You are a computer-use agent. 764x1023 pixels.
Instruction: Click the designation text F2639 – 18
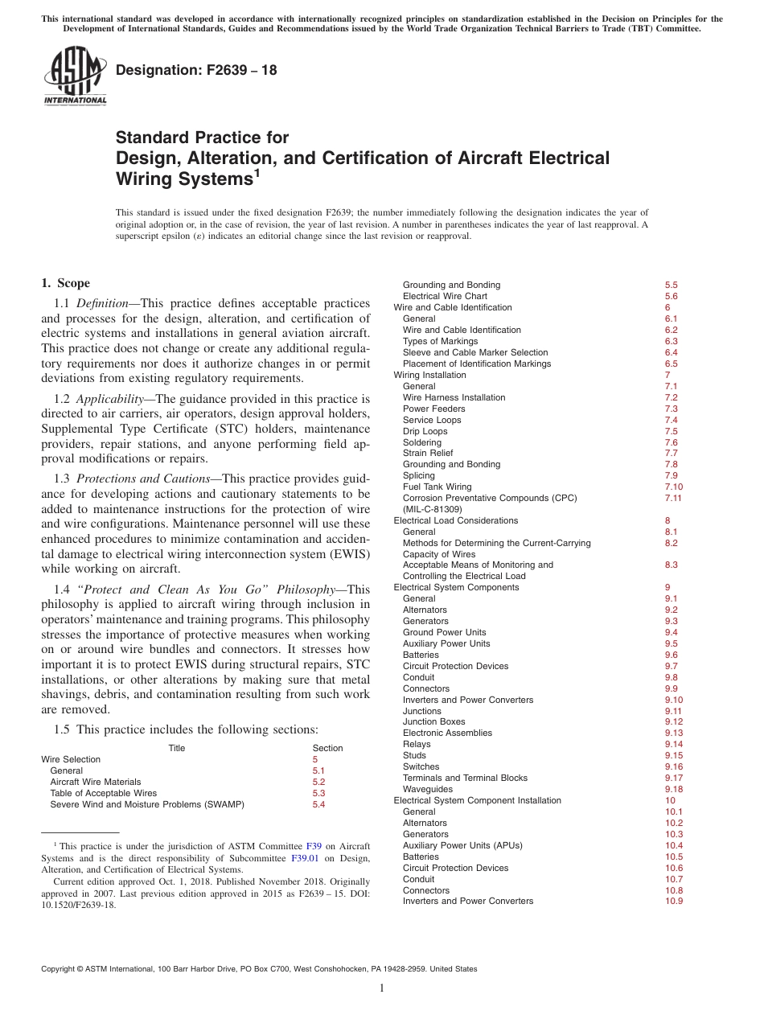pyautogui.click(x=196, y=70)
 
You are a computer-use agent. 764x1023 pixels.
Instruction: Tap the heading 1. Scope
pyautogui.click(x=66, y=283)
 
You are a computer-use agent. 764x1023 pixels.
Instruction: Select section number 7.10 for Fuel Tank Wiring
pyautogui.click(x=673, y=487)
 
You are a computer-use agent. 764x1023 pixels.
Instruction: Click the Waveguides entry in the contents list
pyautogui.click(x=427, y=789)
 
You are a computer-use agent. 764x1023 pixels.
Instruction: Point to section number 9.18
pyautogui.click(x=673, y=789)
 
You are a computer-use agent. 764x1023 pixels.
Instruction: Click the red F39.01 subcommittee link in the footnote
pyautogui.click(x=303, y=858)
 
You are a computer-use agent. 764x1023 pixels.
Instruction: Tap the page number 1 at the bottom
pyautogui.click(x=382, y=988)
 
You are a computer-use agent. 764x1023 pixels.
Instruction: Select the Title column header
pyautogui.click(x=176, y=748)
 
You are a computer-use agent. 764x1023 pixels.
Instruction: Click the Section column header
pyautogui.click(x=327, y=748)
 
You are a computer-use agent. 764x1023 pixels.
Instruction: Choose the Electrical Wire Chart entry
pyautogui.click(x=445, y=296)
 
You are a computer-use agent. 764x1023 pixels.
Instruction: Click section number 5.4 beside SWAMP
pyautogui.click(x=318, y=804)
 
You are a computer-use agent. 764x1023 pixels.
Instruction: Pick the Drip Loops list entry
pyautogui.click(x=425, y=431)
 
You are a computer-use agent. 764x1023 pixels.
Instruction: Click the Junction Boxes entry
pyautogui.click(x=433, y=721)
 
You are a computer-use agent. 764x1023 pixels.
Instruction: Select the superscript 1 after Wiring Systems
pyautogui.click(x=257, y=172)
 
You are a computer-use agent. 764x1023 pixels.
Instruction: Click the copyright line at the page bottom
pyautogui.click(x=259, y=969)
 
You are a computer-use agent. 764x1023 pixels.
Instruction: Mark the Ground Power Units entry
pyautogui.click(x=444, y=632)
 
